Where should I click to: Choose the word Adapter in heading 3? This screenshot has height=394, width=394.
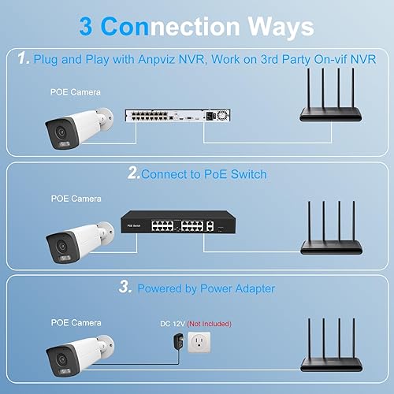coord(247,288)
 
